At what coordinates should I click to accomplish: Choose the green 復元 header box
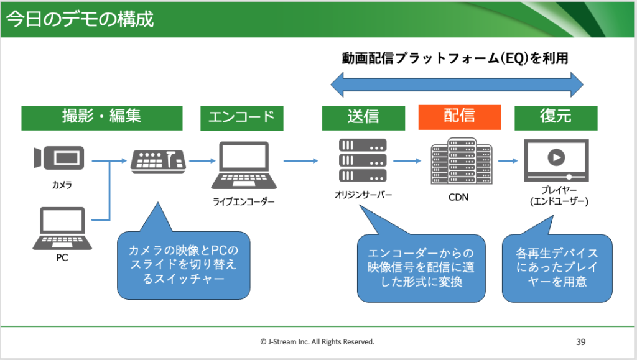[x=556, y=118]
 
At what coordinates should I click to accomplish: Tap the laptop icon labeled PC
[x=62, y=228]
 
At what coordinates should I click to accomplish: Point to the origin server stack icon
[x=363, y=160]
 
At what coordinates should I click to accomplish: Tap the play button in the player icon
[x=556, y=157]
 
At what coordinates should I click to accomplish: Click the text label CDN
[x=460, y=198]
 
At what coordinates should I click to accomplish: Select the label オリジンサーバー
[x=363, y=195]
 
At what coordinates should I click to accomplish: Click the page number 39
[x=581, y=341]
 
